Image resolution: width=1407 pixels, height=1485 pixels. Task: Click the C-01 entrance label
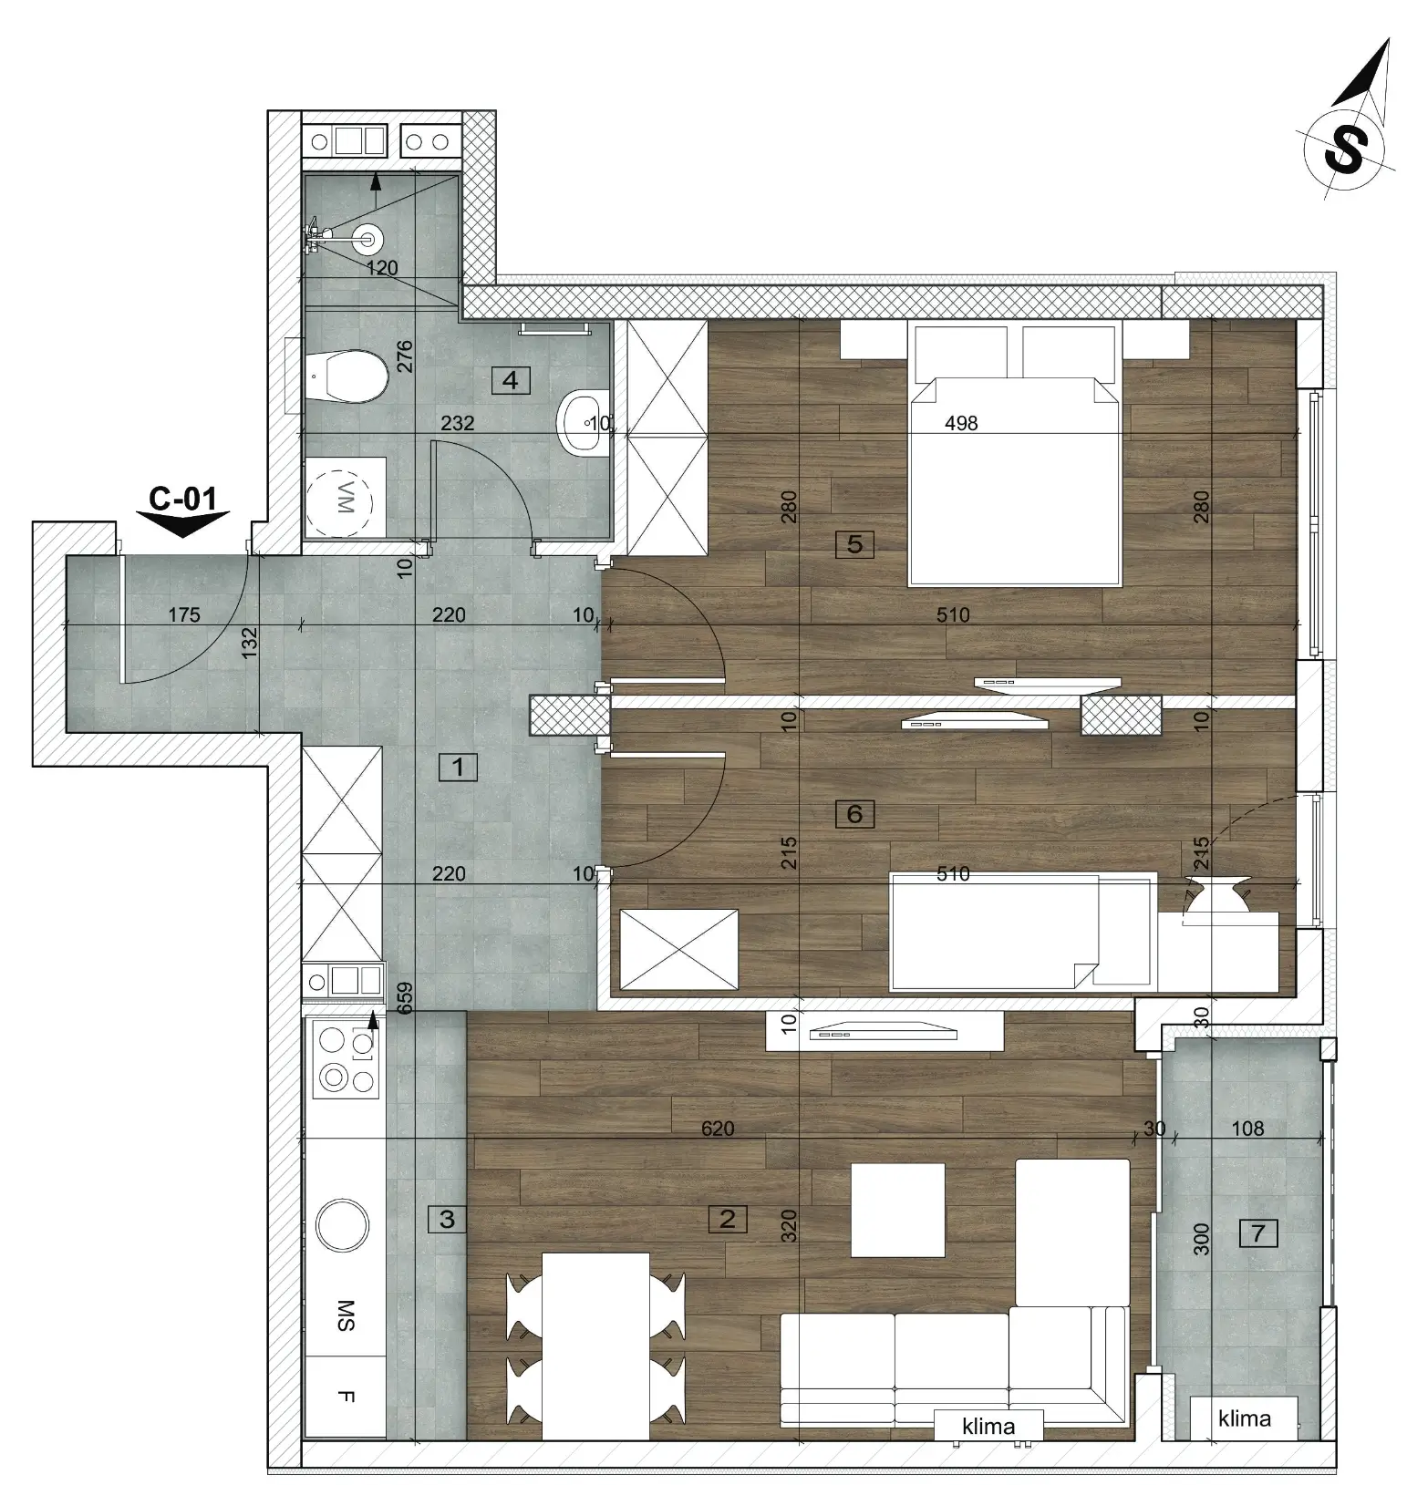tap(183, 499)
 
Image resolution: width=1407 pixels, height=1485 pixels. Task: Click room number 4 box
tap(511, 379)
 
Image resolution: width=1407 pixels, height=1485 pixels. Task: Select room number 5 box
tap(854, 544)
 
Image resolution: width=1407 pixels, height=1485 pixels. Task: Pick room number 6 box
tap(854, 813)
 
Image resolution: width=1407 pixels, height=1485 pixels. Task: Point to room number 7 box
tap(1258, 1233)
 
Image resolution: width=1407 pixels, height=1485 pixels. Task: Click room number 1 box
tap(458, 767)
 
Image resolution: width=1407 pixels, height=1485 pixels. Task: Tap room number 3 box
tap(447, 1219)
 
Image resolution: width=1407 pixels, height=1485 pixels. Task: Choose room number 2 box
tap(727, 1219)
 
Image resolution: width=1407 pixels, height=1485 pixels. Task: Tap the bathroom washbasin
tap(581, 421)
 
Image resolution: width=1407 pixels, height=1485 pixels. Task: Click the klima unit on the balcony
tap(1244, 1418)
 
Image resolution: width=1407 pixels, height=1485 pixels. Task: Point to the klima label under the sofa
tap(988, 1426)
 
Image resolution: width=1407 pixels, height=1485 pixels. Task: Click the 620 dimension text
tap(718, 1129)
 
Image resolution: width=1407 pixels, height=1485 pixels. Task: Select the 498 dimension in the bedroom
tap(961, 423)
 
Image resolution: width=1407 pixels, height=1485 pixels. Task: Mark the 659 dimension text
tap(406, 999)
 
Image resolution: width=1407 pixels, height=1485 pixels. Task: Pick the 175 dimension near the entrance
tap(184, 614)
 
